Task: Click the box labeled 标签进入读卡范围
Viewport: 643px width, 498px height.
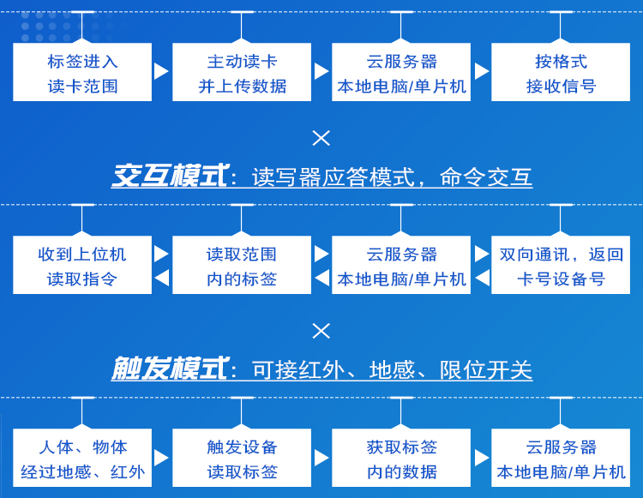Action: click(82, 73)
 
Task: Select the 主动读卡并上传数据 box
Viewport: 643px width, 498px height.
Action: click(242, 73)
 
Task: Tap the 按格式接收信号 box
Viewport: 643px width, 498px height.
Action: click(561, 73)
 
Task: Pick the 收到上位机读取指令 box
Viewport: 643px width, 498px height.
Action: click(82, 266)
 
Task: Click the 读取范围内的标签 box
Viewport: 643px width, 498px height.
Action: click(242, 266)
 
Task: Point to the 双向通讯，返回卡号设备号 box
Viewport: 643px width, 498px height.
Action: click(561, 266)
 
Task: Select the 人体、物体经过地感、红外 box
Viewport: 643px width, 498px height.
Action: click(82, 459)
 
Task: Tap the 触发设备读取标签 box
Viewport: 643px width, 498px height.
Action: click(242, 459)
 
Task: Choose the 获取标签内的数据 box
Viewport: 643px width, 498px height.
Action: click(401, 459)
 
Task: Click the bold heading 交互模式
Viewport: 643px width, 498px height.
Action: click(170, 177)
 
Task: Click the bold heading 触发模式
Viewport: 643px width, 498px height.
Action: click(170, 369)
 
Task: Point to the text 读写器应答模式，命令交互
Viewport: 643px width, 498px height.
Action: click(392, 177)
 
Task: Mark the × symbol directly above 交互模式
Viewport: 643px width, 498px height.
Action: click(321, 137)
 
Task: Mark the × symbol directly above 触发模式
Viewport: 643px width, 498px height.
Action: click(321, 330)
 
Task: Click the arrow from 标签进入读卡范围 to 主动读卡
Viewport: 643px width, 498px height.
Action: click(161, 71)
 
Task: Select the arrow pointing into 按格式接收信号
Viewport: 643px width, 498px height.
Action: click(481, 71)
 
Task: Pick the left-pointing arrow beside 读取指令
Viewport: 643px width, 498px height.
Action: click(161, 278)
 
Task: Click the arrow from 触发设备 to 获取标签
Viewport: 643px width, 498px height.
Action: click(321, 458)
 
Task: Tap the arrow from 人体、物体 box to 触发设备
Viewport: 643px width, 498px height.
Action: click(161, 458)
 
